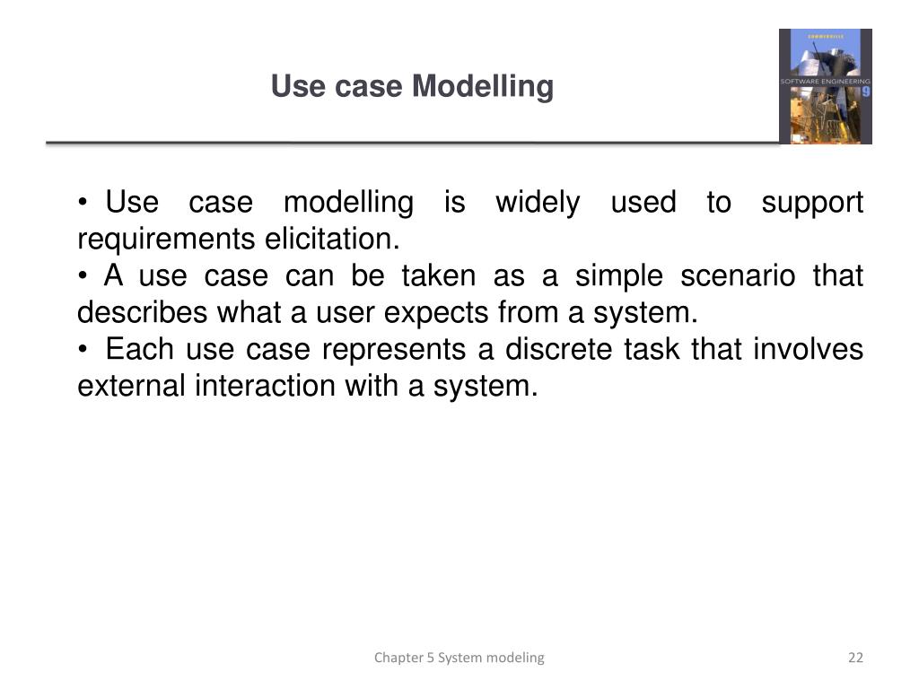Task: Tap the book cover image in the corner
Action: (x=825, y=86)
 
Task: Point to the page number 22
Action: (x=855, y=658)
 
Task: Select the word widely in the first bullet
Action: (x=538, y=203)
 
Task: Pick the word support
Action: (x=812, y=203)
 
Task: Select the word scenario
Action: (x=738, y=276)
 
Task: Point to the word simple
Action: (x=618, y=276)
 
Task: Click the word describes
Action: (x=140, y=313)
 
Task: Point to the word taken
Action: (x=438, y=276)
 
